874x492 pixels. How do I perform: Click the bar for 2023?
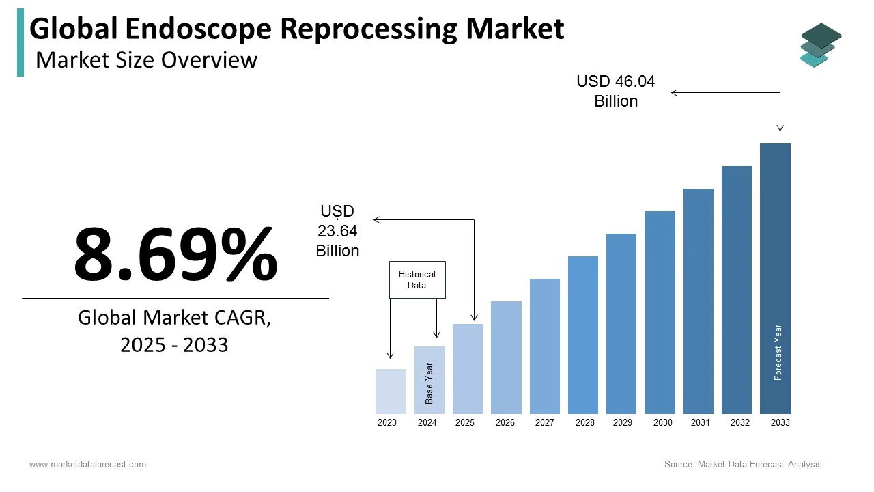click(x=391, y=392)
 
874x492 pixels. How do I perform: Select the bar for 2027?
click(x=544, y=346)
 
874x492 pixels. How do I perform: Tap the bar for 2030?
click(x=660, y=312)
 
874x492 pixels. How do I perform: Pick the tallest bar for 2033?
click(x=775, y=279)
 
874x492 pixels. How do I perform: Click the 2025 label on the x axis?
click(x=465, y=423)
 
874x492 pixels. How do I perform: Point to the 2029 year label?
click(x=623, y=423)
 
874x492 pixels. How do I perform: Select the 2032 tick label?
click(x=740, y=423)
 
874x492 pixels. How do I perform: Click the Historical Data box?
click(x=417, y=279)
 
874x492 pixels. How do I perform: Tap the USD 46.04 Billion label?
click(x=616, y=91)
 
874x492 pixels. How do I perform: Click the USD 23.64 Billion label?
click(x=337, y=231)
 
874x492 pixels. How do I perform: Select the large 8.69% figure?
click(x=175, y=254)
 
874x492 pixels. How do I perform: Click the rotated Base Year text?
click(x=429, y=383)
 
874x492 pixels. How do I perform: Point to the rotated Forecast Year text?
click(x=778, y=352)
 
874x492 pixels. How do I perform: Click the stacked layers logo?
click(x=820, y=45)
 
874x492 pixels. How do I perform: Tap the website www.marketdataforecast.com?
click(x=87, y=465)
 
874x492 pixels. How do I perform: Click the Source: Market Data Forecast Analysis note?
click(x=743, y=465)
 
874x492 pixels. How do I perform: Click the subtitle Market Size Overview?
click(x=146, y=60)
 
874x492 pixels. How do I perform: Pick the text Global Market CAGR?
click(x=174, y=318)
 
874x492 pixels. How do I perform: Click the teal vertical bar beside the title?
click(x=20, y=42)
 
